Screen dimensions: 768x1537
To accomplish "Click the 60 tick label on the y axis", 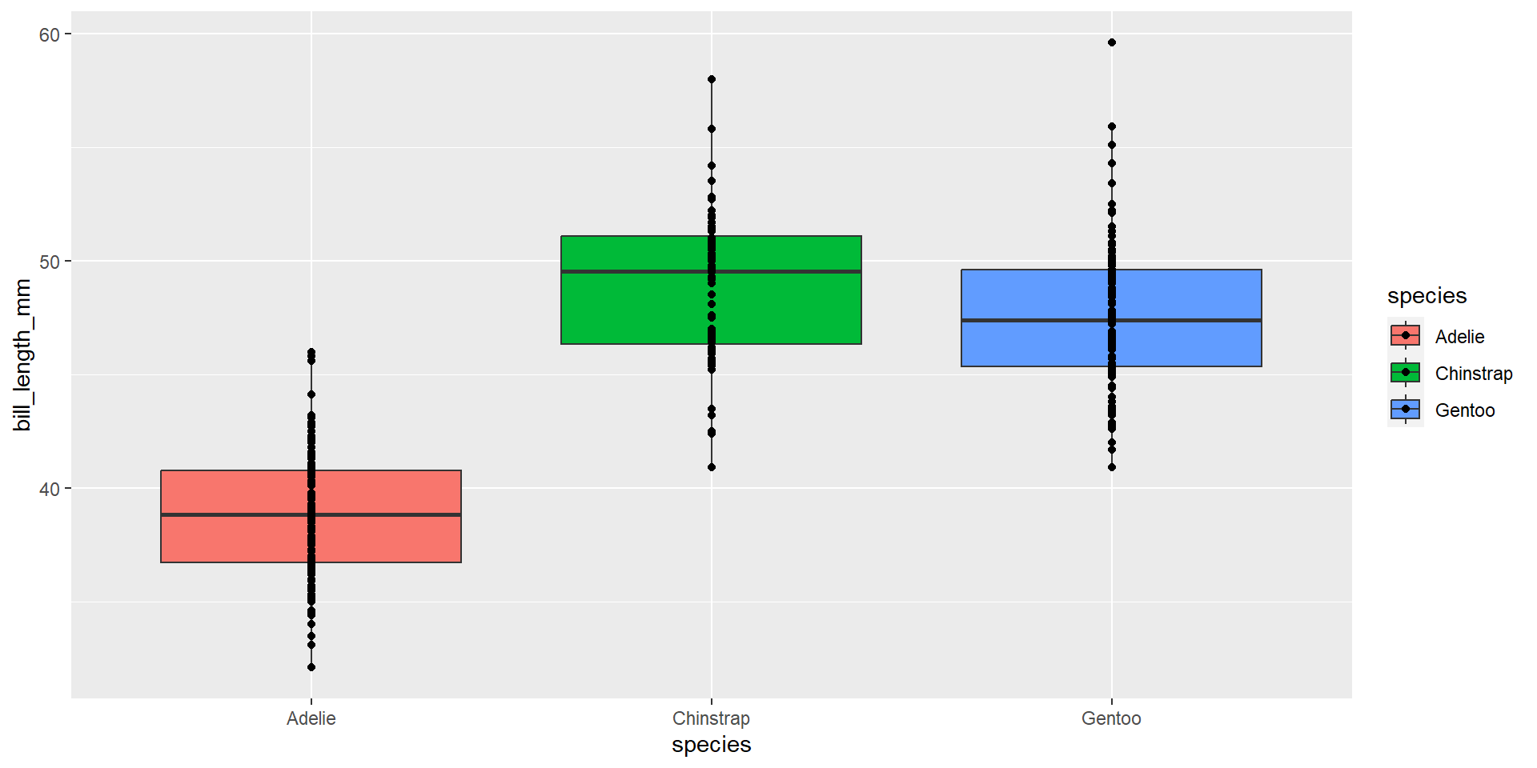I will [49, 34].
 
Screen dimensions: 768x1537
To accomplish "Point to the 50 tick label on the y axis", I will [49, 262].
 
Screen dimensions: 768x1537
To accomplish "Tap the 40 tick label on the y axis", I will [49, 489].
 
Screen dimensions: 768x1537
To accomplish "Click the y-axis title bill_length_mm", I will [22, 354].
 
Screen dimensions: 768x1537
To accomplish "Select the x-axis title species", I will [711, 745].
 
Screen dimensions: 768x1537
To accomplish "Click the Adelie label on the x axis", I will [311, 718].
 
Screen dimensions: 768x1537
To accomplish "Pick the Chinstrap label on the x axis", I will [711, 718].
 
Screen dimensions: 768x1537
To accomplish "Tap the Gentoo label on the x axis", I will [1111, 718].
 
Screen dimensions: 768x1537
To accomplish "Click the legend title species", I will [1427, 296].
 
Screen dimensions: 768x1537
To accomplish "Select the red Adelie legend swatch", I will [1405, 336].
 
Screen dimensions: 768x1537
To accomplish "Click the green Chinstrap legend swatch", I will [1405, 373].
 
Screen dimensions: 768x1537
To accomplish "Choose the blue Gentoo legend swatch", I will [1405, 410].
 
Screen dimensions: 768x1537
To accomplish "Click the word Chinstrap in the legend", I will [1473, 374].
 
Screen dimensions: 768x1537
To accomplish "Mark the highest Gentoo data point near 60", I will [1112, 42].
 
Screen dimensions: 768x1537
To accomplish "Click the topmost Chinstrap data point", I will [712, 79].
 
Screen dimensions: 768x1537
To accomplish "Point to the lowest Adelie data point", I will [311, 667].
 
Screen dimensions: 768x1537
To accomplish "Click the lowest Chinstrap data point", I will [712, 467].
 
